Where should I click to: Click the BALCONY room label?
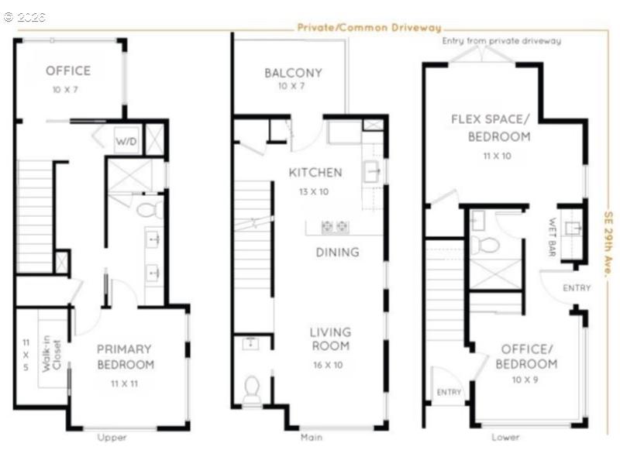click(x=293, y=73)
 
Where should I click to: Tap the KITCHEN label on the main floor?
click(x=315, y=172)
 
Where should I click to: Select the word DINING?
click(x=337, y=252)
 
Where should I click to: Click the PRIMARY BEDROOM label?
click(x=125, y=356)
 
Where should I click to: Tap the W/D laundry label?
click(x=126, y=142)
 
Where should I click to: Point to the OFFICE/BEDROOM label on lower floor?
click(x=527, y=356)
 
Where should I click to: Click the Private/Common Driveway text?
click(x=369, y=28)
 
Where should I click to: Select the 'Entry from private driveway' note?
click(x=501, y=40)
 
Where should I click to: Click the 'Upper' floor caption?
click(x=112, y=438)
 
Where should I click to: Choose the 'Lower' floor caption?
click(x=505, y=438)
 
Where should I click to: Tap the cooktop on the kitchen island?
click(x=335, y=227)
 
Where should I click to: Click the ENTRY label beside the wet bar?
click(x=577, y=288)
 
